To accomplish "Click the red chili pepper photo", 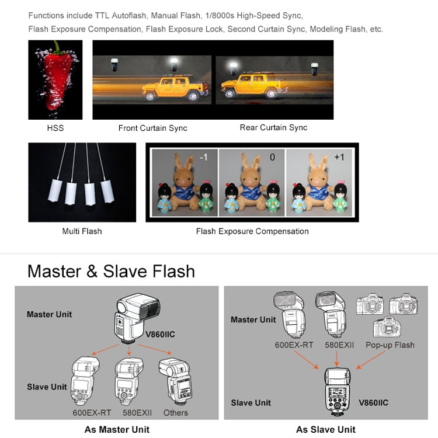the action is (x=55, y=80).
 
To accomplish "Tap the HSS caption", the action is (x=55, y=128).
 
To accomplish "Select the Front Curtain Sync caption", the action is (x=153, y=128).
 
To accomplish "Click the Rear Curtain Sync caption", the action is (x=273, y=128).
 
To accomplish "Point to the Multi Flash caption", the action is (x=82, y=231).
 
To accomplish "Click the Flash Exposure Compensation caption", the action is (x=252, y=231).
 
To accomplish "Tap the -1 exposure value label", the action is (x=204, y=157).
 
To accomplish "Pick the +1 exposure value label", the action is (x=339, y=157).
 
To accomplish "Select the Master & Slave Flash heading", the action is (x=111, y=271).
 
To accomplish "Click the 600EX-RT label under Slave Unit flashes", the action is (x=92, y=412).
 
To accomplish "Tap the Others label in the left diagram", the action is (x=175, y=412).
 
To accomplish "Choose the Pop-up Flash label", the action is (x=390, y=345).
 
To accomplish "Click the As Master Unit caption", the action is (x=117, y=429).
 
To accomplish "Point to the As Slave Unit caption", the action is (x=326, y=429).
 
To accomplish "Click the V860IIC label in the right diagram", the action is (x=374, y=402).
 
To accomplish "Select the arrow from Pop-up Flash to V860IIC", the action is (x=371, y=360).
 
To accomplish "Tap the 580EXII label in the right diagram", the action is (x=339, y=345).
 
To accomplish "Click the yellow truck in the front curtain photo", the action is (x=175, y=88).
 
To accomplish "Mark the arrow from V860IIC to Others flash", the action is (x=155, y=349).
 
